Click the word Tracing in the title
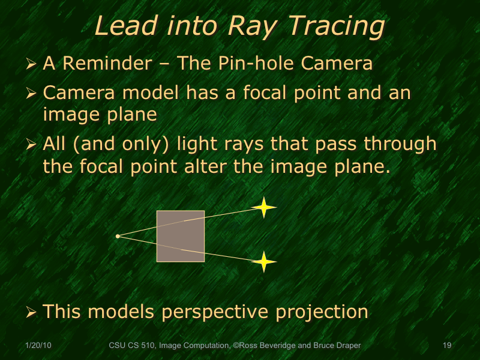[337, 26]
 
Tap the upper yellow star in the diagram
[263, 208]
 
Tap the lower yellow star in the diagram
[263, 262]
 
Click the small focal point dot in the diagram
[118, 236]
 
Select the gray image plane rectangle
[180, 236]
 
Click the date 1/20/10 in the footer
[38, 346]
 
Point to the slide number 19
[446, 346]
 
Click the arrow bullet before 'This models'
[32, 312]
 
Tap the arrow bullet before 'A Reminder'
[32, 64]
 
